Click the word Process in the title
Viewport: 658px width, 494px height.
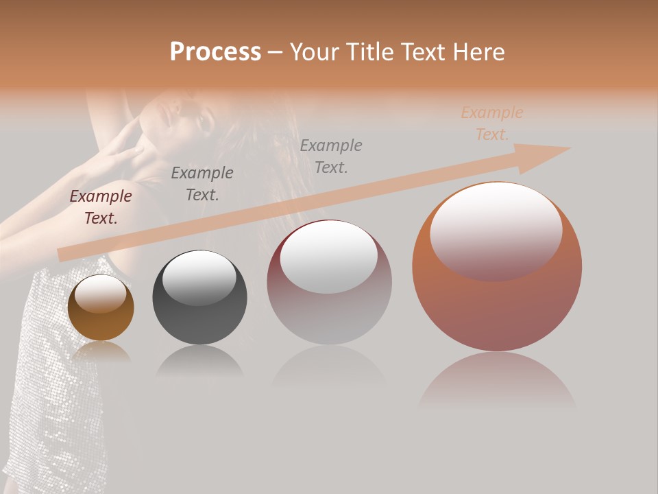(x=215, y=52)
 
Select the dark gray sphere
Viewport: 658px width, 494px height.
(x=199, y=298)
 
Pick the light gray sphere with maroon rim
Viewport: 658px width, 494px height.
(x=329, y=283)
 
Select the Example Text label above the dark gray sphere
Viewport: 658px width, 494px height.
(x=202, y=184)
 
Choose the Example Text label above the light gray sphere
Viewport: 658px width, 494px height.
(x=331, y=156)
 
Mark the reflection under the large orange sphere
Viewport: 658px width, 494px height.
(x=497, y=381)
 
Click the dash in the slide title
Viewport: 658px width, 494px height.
(x=275, y=53)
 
